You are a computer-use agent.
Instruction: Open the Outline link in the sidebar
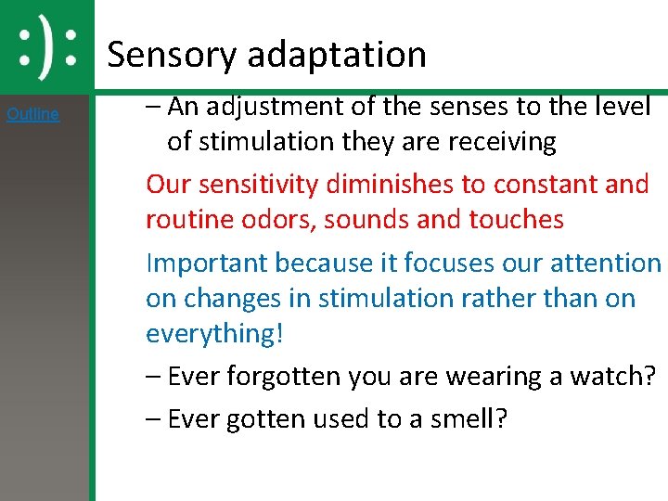click(32, 114)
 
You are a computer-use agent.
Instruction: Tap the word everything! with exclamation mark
click(213, 334)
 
